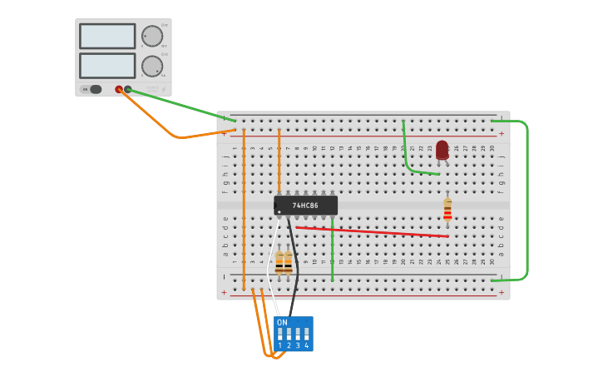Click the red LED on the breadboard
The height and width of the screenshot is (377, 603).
(442, 150)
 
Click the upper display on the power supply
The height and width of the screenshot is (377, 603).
(107, 36)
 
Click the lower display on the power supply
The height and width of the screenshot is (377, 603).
(107, 66)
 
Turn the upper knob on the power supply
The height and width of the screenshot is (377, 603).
(152, 36)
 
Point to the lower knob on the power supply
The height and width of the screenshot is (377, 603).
(152, 66)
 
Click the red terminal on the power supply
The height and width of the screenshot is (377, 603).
(119, 89)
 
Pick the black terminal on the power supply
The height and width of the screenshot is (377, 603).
(128, 89)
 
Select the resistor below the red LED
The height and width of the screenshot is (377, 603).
(447, 211)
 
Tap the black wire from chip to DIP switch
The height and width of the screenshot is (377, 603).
(295, 266)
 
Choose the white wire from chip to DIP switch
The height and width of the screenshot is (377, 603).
(269, 266)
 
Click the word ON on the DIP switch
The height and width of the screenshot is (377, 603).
(282, 322)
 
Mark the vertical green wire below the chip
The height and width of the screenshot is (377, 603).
(332, 250)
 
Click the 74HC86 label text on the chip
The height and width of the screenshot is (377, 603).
(305, 205)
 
